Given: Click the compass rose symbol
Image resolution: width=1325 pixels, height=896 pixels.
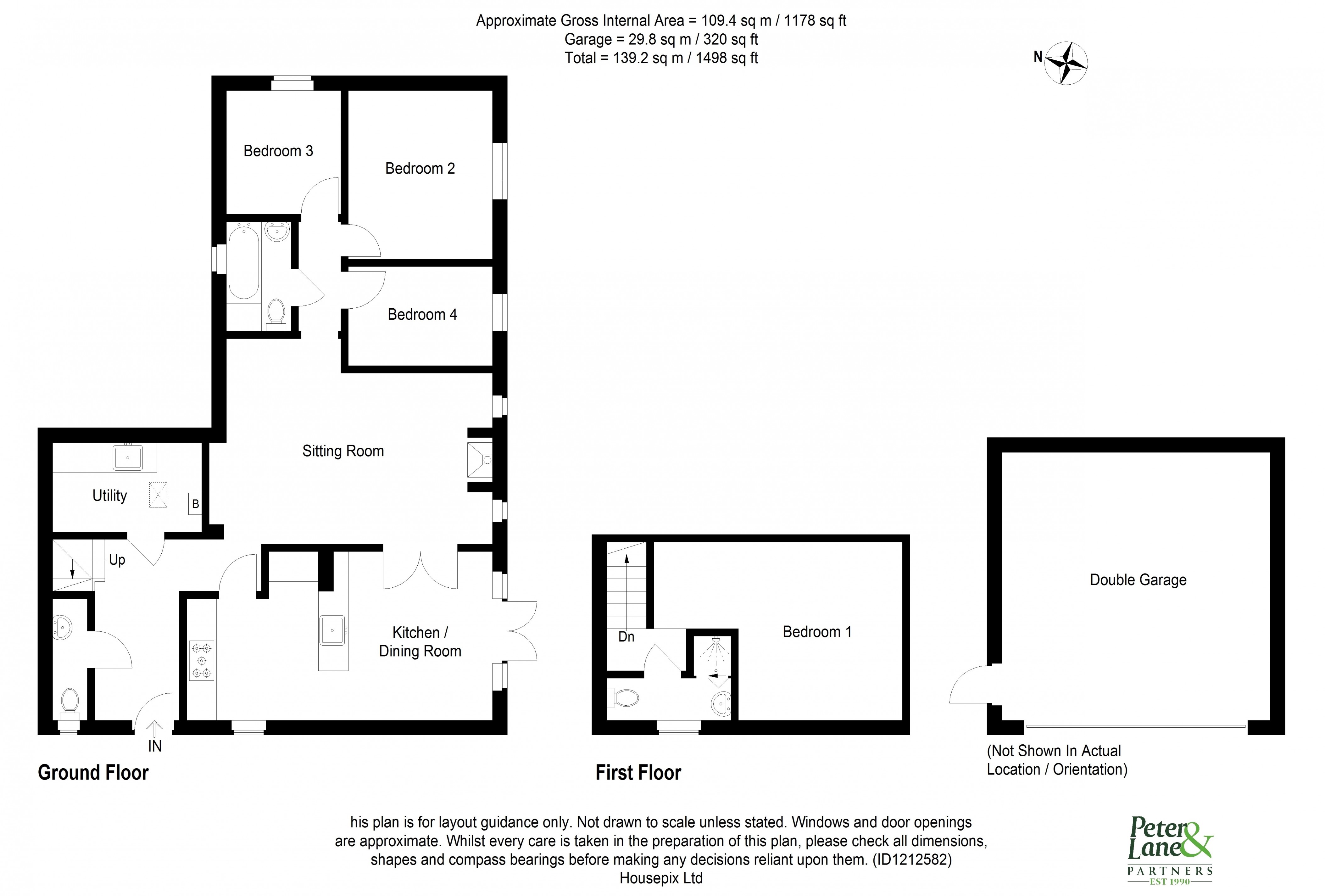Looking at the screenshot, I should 1065,63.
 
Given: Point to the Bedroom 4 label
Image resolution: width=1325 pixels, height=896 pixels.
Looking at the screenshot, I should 422,315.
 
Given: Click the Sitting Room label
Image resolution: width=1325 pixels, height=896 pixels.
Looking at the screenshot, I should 343,451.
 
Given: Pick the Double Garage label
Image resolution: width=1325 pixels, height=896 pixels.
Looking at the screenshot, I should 1138,580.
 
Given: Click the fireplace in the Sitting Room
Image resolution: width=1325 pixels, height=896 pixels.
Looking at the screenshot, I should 480,459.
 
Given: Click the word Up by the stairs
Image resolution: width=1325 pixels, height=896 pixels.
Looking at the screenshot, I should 117,560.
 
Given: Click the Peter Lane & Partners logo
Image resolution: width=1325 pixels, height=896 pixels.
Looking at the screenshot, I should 1170,850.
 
